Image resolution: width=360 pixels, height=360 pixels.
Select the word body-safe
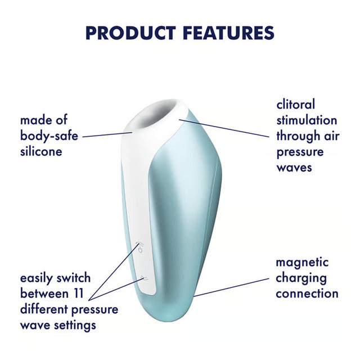(49, 136)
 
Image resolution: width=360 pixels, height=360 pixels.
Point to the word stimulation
(307, 120)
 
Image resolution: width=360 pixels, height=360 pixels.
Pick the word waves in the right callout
(294, 167)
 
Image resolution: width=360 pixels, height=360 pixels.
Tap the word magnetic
(302, 263)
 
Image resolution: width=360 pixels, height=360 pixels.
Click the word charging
(300, 278)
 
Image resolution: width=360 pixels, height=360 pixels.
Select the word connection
(307, 294)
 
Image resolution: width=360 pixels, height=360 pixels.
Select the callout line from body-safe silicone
(107, 134)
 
